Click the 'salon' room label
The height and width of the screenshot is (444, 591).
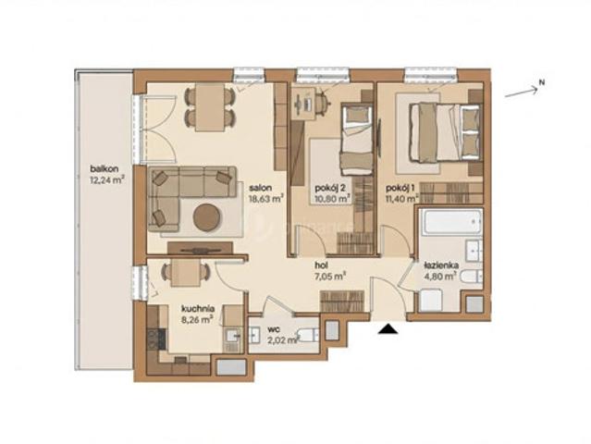coord(261,188)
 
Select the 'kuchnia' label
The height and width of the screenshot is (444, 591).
coord(198,309)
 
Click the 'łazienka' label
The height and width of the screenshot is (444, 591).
coord(440,265)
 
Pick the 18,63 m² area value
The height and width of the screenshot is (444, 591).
coord(265,199)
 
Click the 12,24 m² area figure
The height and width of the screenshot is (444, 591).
coord(107,180)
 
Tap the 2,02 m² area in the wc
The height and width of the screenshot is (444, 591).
coord(283,340)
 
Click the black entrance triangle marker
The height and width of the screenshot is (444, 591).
coord(388,329)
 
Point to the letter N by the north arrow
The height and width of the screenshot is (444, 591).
coord(542,82)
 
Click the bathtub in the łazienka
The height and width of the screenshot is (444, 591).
coord(451,222)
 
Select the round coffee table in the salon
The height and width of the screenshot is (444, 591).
coord(206,216)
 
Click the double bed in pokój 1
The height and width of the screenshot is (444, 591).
coord(446,131)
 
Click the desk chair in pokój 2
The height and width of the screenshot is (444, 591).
coord(322,100)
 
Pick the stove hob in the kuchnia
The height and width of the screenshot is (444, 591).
coord(156,339)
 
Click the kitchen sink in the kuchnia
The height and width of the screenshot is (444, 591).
coord(233,336)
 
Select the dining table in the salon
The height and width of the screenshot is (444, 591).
coord(210,106)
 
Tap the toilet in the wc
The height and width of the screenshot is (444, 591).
coord(307,334)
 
